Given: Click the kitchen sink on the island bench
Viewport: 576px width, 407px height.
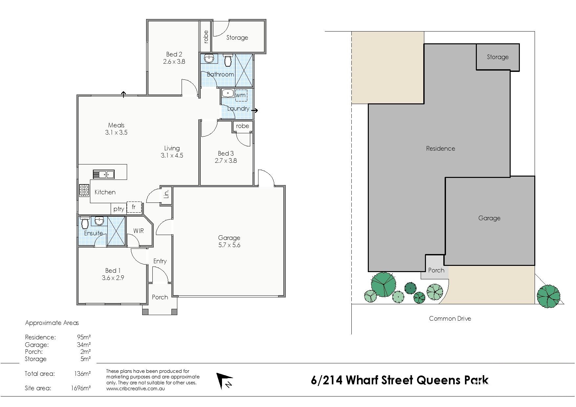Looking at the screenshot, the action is [103, 174].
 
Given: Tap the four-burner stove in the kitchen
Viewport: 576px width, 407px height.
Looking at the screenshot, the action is [84, 190].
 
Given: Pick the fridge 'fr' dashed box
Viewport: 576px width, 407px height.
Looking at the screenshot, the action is [134, 207].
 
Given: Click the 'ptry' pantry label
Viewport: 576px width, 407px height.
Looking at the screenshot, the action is [119, 209].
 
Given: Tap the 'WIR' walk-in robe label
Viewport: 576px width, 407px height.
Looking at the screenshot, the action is [139, 231].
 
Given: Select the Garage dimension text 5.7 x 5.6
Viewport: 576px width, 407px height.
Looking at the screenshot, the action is [229, 245].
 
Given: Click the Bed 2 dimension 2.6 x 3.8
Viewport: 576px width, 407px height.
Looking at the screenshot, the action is [174, 61].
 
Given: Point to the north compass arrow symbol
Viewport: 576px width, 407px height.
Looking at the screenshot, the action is [224, 381].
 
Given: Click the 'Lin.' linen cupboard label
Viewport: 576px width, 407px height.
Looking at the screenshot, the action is [166, 194].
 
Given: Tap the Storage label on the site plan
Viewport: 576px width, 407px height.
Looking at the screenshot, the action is [498, 57].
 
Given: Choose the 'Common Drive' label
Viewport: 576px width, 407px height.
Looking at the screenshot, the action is [450, 318].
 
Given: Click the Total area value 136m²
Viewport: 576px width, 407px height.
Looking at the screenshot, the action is [82, 374].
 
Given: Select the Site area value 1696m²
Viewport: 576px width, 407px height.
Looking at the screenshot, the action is [81, 388].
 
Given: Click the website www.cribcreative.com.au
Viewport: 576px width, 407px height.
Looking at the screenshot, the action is [135, 389].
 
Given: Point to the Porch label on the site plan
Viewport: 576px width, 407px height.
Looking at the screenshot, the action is [436, 270].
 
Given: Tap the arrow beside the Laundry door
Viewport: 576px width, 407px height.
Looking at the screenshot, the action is [255, 111].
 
